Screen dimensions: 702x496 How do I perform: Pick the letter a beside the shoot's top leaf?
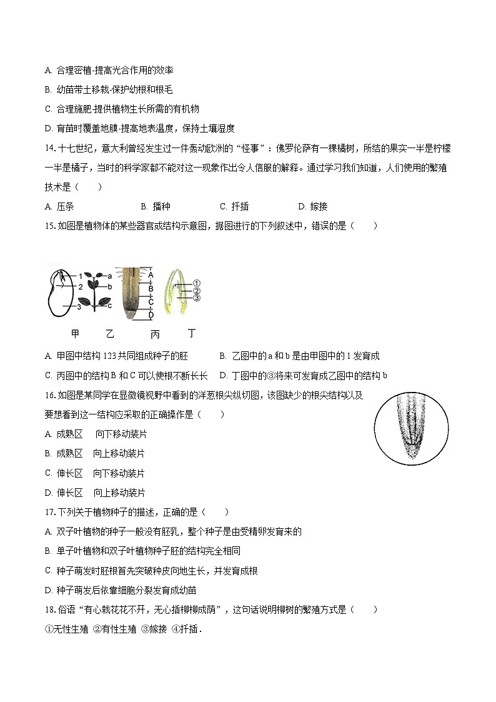[x=109, y=275]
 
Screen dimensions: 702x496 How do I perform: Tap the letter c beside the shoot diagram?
[x=109, y=305]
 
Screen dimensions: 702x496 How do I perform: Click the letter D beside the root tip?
[x=151, y=314]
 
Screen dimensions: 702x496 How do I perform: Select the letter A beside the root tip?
[x=151, y=274]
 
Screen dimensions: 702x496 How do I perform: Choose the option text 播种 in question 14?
[x=161, y=206]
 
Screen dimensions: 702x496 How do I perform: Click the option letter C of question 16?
[x=49, y=473]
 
